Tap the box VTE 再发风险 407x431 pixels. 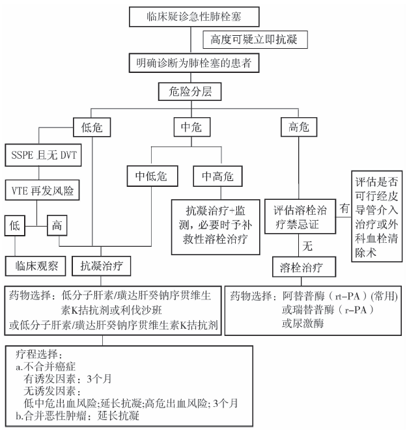[42, 191]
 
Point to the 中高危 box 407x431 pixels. [218, 175]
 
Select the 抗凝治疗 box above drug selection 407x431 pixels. [102, 266]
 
